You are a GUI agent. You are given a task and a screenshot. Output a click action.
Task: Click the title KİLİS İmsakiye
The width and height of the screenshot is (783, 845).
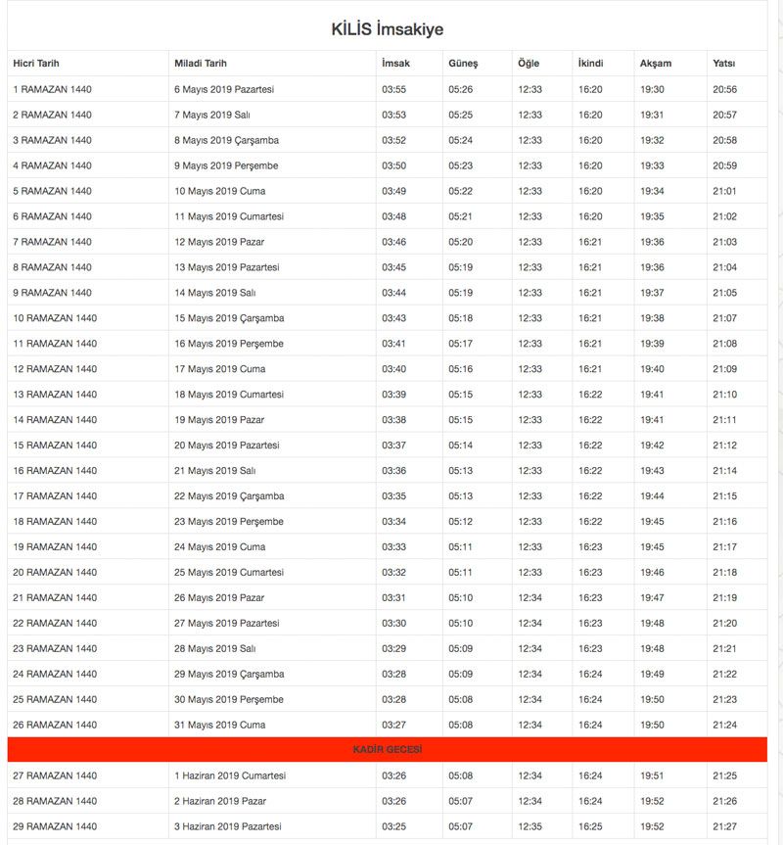coord(387,29)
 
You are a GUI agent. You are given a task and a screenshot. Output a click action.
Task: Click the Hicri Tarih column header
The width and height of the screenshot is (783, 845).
coord(36,64)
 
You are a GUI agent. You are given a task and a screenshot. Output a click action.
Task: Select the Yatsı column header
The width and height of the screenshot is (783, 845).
coord(724,64)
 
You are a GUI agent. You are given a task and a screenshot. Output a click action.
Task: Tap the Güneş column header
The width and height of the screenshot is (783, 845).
coord(463,64)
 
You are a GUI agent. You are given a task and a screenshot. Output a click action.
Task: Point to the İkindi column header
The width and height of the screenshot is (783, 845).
coord(590,64)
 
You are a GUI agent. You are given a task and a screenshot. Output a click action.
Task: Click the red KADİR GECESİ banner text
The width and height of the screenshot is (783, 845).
coord(387,750)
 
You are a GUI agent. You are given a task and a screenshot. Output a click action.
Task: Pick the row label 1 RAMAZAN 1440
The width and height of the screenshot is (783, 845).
coord(52,89)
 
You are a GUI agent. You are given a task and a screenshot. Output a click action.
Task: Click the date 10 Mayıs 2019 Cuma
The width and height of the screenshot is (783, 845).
coord(219,191)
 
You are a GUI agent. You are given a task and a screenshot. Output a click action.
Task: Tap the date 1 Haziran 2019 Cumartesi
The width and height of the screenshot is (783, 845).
coord(230,775)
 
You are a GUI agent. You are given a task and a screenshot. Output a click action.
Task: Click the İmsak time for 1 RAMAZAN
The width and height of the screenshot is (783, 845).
coord(393,89)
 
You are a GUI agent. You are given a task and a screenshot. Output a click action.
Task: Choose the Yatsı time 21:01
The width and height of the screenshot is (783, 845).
coord(724,191)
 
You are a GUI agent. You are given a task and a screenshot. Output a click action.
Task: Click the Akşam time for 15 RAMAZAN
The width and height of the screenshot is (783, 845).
coord(652,446)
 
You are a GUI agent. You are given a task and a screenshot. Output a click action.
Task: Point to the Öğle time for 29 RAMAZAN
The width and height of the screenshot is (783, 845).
coord(530,826)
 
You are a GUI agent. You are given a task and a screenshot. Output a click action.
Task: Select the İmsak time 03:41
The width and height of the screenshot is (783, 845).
coord(393,344)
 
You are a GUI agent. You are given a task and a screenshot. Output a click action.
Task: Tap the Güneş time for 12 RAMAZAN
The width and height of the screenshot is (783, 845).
coord(460,369)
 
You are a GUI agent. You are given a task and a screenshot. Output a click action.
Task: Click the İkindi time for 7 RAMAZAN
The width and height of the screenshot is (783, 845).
coord(590,242)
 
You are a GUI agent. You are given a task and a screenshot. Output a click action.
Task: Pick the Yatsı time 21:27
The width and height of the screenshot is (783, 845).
coord(724,826)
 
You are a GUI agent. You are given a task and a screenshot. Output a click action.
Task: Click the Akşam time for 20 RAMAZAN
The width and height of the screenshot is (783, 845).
coord(652,572)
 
